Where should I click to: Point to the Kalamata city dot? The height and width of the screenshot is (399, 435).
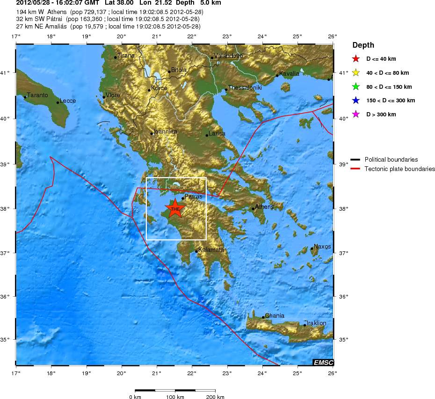pos(196,251)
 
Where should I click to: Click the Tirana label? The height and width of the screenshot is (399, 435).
pos(126,56)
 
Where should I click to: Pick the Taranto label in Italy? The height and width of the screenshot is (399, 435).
pos(37,95)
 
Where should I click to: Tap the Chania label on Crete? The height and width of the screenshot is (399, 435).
pos(275,316)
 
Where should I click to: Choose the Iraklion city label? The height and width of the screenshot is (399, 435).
pos(317,323)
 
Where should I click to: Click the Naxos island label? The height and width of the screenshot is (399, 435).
pos(322,247)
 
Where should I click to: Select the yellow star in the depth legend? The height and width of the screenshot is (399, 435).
pos(356,73)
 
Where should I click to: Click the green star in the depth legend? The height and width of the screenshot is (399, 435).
pos(356,87)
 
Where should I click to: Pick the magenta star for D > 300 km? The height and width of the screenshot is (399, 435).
pos(356,114)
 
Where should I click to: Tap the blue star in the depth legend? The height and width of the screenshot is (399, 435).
pos(356,100)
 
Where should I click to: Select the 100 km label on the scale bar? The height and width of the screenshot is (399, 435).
pos(175,397)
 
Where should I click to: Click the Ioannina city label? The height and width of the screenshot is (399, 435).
pos(166,132)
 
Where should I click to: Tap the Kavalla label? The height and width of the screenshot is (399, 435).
pos(289,73)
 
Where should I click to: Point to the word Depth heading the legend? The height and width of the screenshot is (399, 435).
pos(363,45)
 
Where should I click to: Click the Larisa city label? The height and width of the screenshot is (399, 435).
pos(217,134)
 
